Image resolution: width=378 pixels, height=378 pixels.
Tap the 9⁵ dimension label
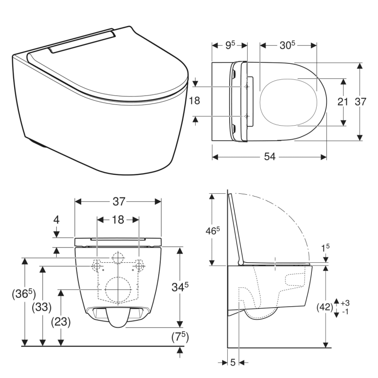(x=229, y=45)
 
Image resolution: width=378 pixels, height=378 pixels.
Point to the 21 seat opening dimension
(x=343, y=101)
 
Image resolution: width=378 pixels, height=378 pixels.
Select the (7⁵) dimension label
(x=180, y=336)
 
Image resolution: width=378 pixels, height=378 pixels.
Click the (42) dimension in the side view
(x=326, y=307)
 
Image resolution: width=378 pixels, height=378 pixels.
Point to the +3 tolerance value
(x=344, y=302)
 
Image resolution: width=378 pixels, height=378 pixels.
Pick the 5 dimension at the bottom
(x=233, y=362)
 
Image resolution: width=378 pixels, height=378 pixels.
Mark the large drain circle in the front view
(x=118, y=289)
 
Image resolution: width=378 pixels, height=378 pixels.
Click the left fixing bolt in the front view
(x=96, y=266)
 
